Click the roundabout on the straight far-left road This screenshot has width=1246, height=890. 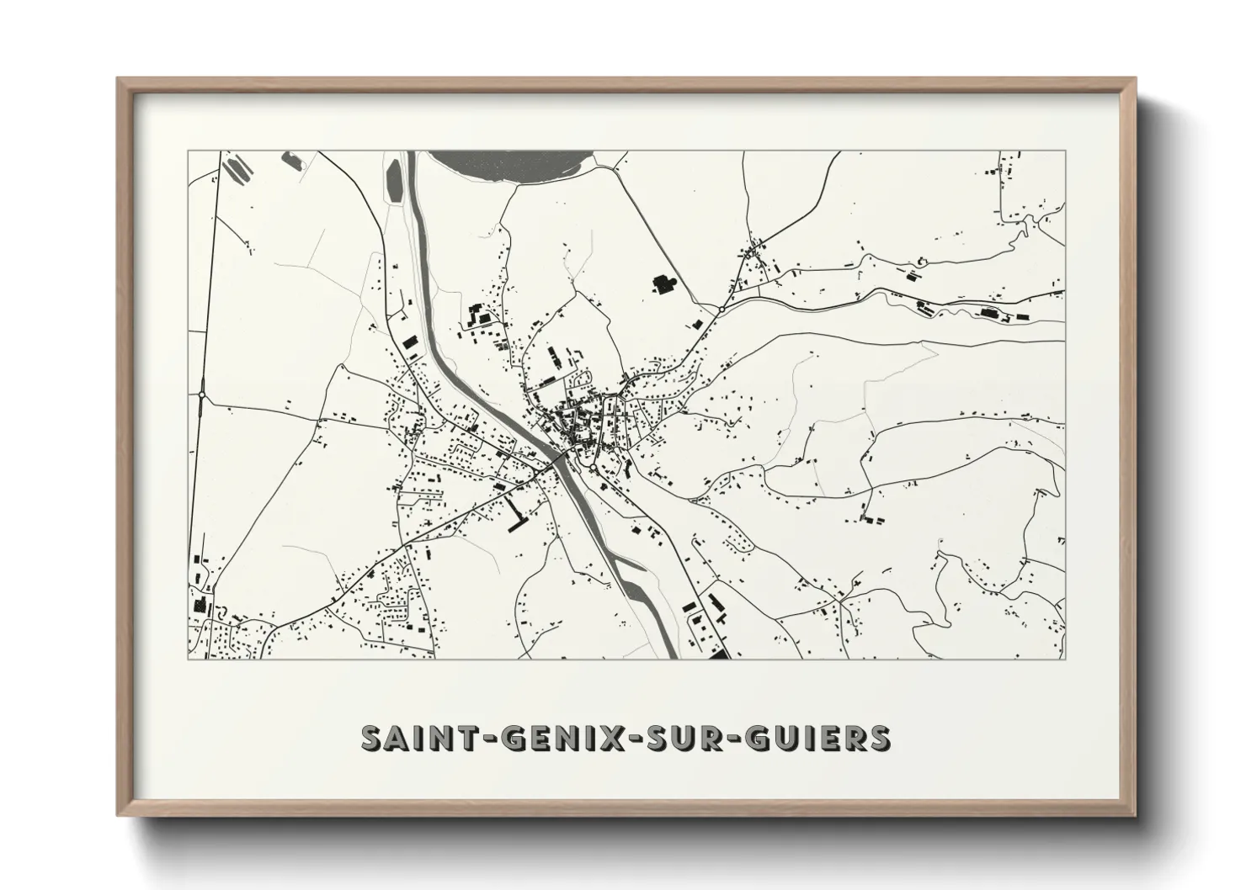[203, 394]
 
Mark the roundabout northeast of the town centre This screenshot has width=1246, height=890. [722, 310]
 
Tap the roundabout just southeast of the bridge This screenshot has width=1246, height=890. [593, 468]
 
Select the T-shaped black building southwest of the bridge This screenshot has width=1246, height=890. [514, 514]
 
